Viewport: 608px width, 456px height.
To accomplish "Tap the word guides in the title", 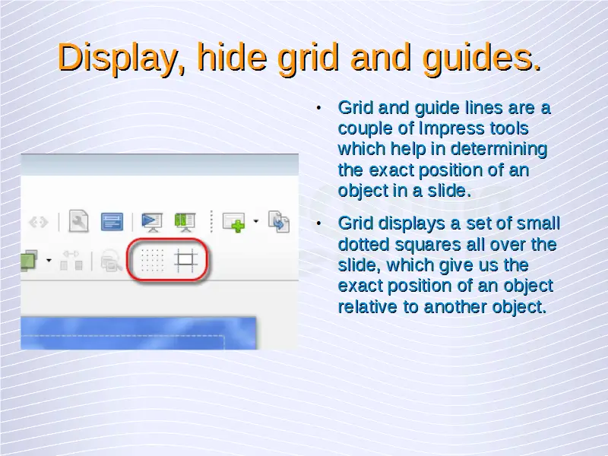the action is [481, 58].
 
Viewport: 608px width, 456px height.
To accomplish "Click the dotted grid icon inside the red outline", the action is [152, 261].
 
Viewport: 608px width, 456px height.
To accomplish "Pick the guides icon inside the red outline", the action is [185, 260].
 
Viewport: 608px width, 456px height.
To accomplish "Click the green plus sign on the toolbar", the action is [237, 226].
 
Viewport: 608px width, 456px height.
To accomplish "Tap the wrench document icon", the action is [79, 221].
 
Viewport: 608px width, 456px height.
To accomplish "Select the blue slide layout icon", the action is [112, 221].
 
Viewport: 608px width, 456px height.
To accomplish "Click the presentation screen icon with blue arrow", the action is [151, 222].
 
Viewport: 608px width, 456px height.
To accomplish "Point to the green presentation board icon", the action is [185, 222].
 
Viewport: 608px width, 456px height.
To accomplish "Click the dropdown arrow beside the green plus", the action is [256, 221].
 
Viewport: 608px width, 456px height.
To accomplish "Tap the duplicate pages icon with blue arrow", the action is [279, 221].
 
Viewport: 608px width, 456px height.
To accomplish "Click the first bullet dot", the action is [318, 108].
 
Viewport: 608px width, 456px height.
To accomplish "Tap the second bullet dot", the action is [318, 223].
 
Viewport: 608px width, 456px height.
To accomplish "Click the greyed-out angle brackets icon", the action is [39, 222].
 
